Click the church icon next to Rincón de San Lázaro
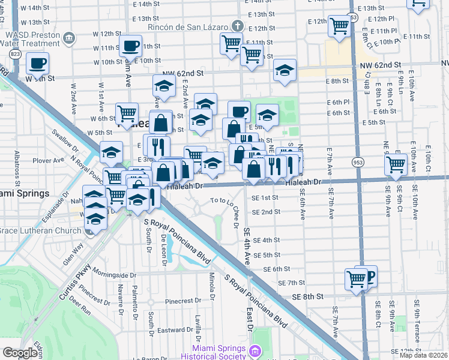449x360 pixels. pyautogui.click(x=238, y=26)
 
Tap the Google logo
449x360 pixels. pyautogui.click(x=20, y=353)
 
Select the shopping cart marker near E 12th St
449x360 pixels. pyautogui.click(x=340, y=26)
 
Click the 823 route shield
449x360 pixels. pyautogui.click(x=15, y=54)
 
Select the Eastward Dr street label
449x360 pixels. pyautogui.click(x=175, y=329)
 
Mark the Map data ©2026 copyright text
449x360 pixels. pyautogui.click(x=424, y=355)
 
